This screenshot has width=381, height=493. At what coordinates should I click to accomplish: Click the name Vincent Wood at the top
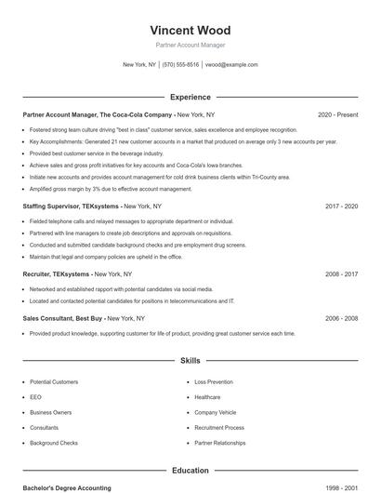pos(190,29)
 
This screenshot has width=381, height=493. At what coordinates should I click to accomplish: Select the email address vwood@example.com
pos(231,65)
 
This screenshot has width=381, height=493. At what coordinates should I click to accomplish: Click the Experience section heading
pos(190,97)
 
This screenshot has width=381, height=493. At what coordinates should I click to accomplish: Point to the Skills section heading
pos(190,360)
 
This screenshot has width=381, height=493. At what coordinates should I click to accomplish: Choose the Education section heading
pos(190,471)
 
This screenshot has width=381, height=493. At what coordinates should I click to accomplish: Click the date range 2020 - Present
pos(337,114)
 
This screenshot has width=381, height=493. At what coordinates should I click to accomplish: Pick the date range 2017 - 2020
pos(341,206)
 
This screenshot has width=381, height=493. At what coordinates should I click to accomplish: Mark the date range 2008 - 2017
pos(341,274)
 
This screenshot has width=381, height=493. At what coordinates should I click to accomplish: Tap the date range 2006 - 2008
pos(341,318)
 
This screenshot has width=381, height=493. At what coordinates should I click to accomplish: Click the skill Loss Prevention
pos(214,382)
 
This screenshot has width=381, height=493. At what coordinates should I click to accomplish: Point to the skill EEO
pos(34,397)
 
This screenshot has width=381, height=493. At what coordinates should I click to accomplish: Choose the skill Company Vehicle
pos(215,412)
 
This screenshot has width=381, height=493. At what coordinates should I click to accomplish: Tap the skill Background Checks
pos(54,443)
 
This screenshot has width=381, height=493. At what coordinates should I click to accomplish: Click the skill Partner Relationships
pos(219,443)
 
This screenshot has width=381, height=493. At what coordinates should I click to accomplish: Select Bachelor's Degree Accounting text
pos(67,487)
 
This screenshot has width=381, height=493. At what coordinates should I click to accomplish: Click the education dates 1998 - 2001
pos(341,487)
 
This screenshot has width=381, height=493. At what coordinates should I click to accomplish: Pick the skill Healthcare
pos(207,397)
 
